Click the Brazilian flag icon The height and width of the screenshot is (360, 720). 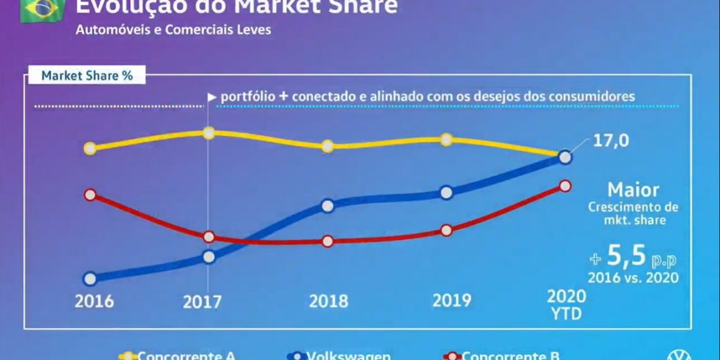(42, 10)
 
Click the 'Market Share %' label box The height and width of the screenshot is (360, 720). (87, 75)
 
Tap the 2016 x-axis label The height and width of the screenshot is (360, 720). (94, 301)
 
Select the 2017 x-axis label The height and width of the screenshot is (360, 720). (202, 302)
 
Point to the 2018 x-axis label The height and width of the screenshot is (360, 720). (328, 301)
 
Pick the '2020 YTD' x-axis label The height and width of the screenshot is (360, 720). (566, 304)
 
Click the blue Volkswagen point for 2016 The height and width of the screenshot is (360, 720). (90, 279)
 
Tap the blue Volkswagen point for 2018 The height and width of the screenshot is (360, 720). (327, 205)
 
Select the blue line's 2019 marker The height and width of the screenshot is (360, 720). (446, 192)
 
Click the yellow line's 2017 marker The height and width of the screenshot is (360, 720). (208, 133)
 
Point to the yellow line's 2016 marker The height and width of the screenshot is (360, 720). (90, 148)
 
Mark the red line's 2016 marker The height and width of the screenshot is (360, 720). (90, 195)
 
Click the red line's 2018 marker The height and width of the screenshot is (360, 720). (327, 241)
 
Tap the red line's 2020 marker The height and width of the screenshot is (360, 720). (565, 186)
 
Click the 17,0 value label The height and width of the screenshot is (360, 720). (610, 140)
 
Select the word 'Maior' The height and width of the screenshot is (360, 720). (633, 189)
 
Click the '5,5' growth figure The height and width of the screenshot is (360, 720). (626, 255)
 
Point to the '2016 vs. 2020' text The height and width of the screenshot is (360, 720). (633, 277)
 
